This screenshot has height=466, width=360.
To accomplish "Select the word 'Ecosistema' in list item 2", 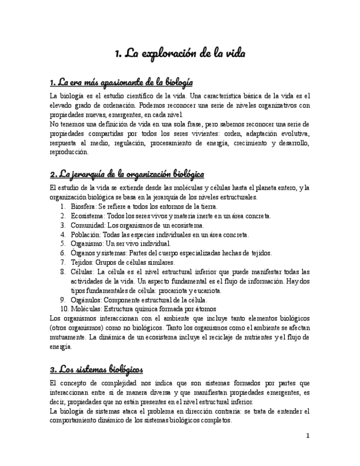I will coord(87,216).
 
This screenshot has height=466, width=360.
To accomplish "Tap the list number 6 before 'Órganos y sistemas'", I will coord(63,253).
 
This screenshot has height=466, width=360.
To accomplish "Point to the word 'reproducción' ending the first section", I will coord(69,152).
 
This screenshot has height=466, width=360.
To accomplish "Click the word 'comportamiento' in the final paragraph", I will coord(74,420).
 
